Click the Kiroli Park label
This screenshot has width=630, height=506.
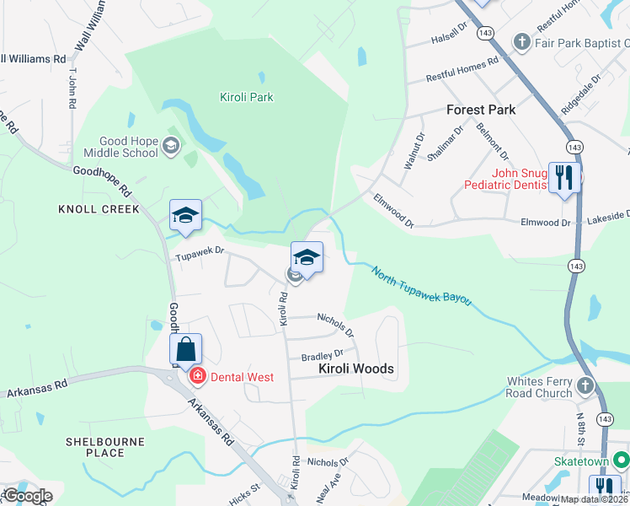[x=246, y=97]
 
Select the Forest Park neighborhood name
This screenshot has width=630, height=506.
[x=480, y=110]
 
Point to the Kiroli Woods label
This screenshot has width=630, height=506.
[x=355, y=369]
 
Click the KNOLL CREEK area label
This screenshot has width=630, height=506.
[x=99, y=209]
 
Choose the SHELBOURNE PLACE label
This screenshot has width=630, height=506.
[x=105, y=447]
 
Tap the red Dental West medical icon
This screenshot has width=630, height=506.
[x=197, y=376]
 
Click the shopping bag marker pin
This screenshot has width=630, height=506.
[x=186, y=350]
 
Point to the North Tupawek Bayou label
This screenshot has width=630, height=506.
[x=422, y=287]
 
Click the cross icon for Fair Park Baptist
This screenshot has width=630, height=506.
[x=521, y=40]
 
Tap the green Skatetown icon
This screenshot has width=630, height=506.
[x=622, y=460]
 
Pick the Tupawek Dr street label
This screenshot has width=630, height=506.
[x=200, y=250]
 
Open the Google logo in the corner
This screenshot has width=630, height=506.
[x=27, y=495]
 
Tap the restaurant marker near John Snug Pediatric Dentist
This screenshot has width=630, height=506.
[x=563, y=178]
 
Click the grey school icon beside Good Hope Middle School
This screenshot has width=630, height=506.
[x=172, y=146]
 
